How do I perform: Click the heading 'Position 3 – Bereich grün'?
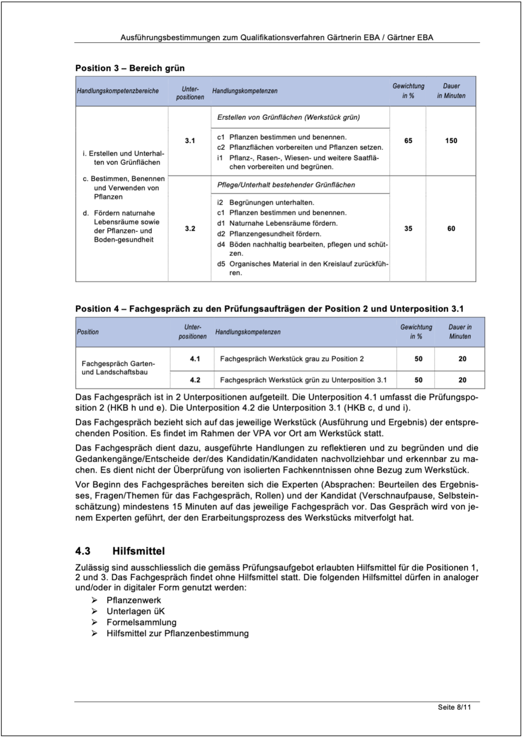(x=130, y=68)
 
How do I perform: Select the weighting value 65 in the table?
(x=408, y=140)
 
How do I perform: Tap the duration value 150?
(x=451, y=140)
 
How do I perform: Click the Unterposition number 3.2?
(x=190, y=228)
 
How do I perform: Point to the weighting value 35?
(x=408, y=228)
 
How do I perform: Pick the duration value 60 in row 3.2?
(x=451, y=228)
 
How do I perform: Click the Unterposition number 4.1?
(x=195, y=358)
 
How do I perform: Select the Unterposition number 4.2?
(x=195, y=380)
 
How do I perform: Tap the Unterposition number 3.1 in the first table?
(x=190, y=140)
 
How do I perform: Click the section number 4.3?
(x=83, y=551)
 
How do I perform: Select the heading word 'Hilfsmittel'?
(x=138, y=551)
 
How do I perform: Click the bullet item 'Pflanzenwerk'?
(x=134, y=600)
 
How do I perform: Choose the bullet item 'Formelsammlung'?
(x=142, y=622)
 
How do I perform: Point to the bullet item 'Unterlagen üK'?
(x=136, y=611)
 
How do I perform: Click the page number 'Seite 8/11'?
(x=454, y=707)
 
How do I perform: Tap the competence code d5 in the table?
(x=221, y=264)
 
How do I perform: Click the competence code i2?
(x=220, y=202)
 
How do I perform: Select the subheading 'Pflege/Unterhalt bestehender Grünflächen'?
(x=286, y=185)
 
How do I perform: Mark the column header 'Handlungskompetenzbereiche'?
(x=118, y=91)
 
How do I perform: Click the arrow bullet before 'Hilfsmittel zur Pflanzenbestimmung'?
(x=95, y=633)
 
